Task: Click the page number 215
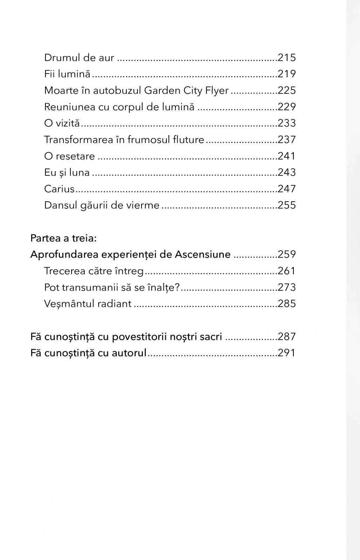pos(286,57)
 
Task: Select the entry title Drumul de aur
pos(79,57)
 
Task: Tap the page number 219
pos(286,74)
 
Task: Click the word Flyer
pos(217,90)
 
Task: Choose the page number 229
pos(286,107)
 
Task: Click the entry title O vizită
pos(62,123)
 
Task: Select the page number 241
pos(286,156)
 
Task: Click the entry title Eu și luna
pos(67,173)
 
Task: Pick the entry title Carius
pos(60,189)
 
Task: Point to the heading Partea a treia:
pos(63,238)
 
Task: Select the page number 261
pos(286,271)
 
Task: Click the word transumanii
pos(88,287)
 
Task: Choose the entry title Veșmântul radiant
pos(88,303)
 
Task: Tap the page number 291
pos(286,353)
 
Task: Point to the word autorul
pos(129,353)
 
